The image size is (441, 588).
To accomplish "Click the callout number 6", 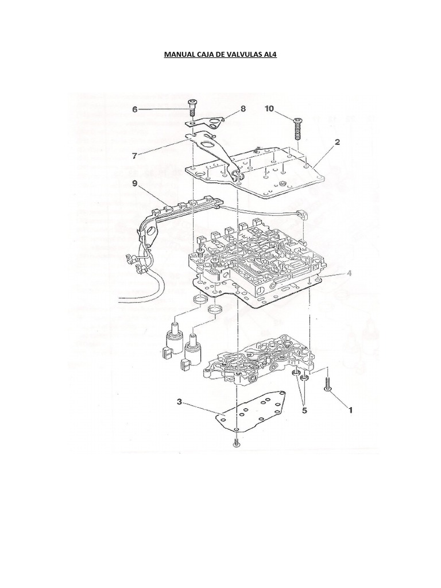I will point(135,109).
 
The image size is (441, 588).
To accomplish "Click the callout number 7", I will point(136,155).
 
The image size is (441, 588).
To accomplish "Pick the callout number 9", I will point(134,184).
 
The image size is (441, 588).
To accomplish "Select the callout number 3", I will point(180,403).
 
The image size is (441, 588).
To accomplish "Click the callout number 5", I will point(304,411).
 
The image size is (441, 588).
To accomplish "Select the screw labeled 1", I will point(327,384).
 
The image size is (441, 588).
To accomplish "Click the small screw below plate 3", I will point(235,443).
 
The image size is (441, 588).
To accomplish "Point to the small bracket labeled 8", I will point(208,122).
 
